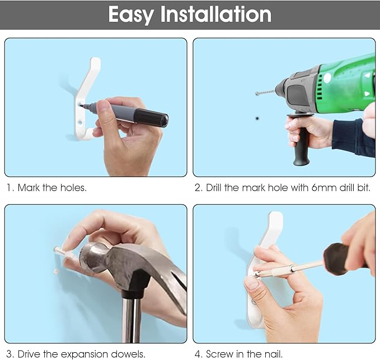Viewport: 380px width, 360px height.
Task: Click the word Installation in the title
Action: pyautogui.click(x=216, y=15)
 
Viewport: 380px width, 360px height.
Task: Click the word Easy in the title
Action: pyautogui.click(x=130, y=15)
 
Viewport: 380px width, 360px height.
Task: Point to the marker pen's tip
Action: pyautogui.click(x=81, y=105)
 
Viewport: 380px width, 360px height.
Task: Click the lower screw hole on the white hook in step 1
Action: pyautogui.click(x=80, y=120)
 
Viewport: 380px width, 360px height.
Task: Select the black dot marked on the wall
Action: pyautogui.click(x=257, y=119)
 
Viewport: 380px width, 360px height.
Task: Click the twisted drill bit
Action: pyautogui.click(x=265, y=92)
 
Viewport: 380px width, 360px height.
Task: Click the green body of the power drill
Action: pyautogui.click(x=346, y=85)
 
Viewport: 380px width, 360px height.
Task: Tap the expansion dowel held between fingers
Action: pyautogui.click(x=59, y=250)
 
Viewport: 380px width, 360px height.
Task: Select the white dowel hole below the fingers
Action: pyautogui.click(x=56, y=272)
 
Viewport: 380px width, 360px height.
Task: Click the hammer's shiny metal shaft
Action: pyautogui.click(x=132, y=320)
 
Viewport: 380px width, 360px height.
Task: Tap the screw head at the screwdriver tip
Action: pyautogui.click(x=256, y=275)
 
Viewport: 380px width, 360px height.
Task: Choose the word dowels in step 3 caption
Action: pyautogui.click(x=128, y=354)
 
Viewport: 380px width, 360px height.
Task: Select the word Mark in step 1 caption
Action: pyautogui.click(x=29, y=188)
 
